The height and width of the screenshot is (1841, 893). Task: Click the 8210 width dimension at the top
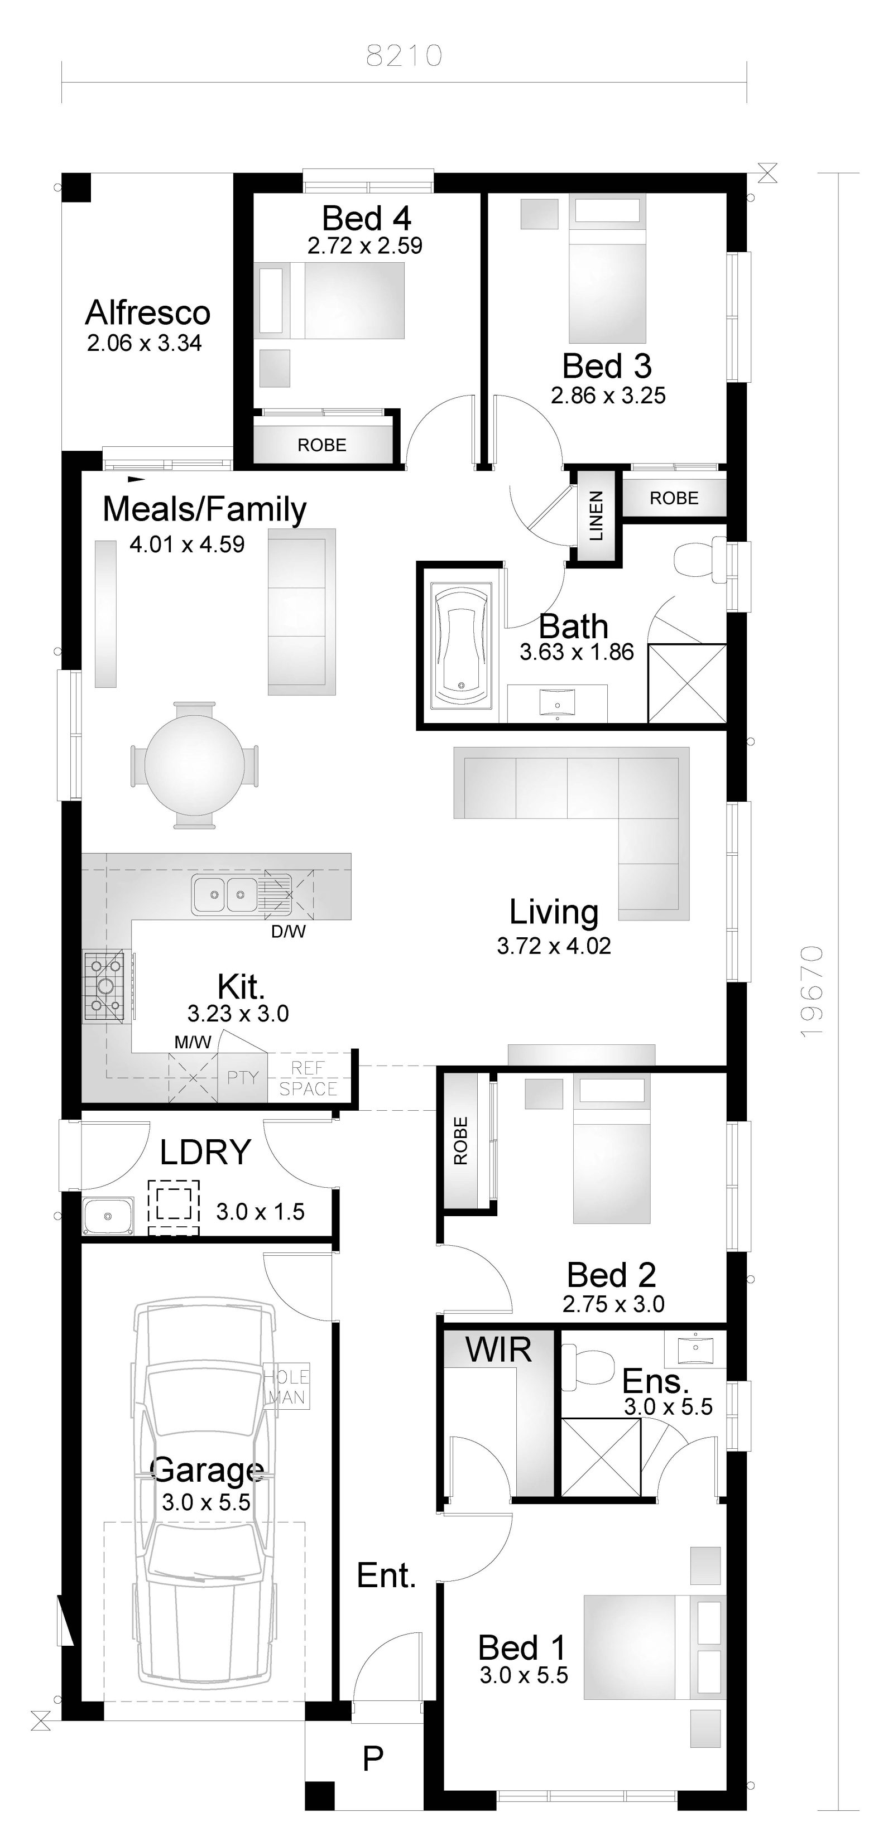point(404,56)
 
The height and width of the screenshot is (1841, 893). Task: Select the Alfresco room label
point(147,313)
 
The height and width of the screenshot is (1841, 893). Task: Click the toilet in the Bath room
point(699,559)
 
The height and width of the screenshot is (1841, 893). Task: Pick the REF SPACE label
point(308,1078)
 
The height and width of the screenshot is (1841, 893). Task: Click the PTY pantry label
point(242,1077)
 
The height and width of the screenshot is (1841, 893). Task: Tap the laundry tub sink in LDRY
point(107,1216)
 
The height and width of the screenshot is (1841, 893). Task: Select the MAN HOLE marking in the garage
point(287,1386)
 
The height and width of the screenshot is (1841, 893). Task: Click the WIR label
point(498,1350)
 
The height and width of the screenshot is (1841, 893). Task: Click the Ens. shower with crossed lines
point(601,1458)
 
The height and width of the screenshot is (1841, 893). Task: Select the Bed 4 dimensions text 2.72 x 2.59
point(364,246)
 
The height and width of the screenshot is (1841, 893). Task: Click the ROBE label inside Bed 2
point(460,1141)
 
